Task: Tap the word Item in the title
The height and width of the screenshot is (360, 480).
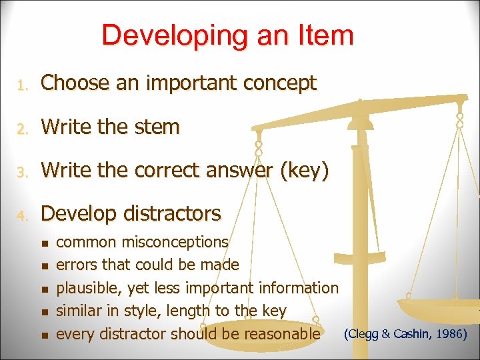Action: (322, 35)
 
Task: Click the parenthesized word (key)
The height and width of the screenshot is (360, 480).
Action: (305, 171)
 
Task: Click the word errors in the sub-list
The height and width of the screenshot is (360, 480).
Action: (75, 265)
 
